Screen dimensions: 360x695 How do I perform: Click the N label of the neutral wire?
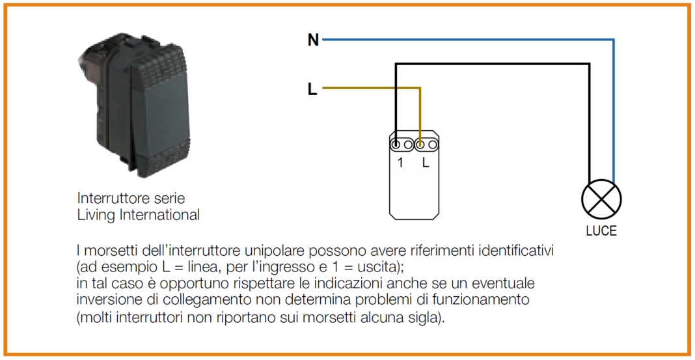(x=313, y=40)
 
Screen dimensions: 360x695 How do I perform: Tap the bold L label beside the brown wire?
(x=312, y=90)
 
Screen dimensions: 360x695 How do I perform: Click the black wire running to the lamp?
(x=495, y=64)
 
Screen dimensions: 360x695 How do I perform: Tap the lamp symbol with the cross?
(x=601, y=199)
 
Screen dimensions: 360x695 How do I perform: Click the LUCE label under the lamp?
(x=601, y=231)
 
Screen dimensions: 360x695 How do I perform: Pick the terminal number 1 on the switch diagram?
(x=400, y=163)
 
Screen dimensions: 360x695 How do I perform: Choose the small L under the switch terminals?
(x=426, y=163)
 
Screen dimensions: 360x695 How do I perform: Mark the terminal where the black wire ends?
(x=396, y=145)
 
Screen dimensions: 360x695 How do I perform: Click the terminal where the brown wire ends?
(x=420, y=145)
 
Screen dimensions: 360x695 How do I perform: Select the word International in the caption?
(x=159, y=215)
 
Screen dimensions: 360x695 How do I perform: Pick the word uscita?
(x=384, y=267)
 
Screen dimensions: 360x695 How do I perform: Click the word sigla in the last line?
(x=422, y=319)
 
